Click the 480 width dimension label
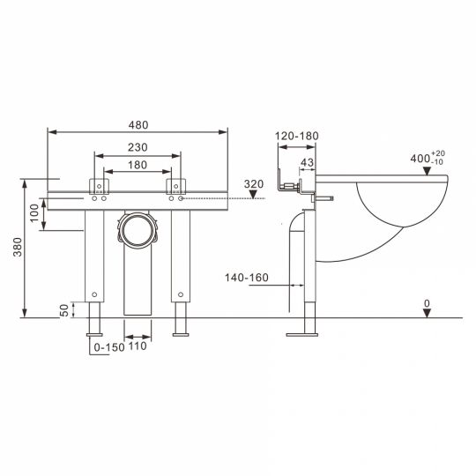point(138,125)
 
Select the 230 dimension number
point(138,147)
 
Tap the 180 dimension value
point(138,165)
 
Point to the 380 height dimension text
point(18,247)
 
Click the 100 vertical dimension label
point(34,213)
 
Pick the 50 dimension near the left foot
point(64,310)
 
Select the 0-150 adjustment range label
point(109,347)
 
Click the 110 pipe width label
point(138,346)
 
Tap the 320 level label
point(254,184)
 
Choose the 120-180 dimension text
point(296,136)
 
